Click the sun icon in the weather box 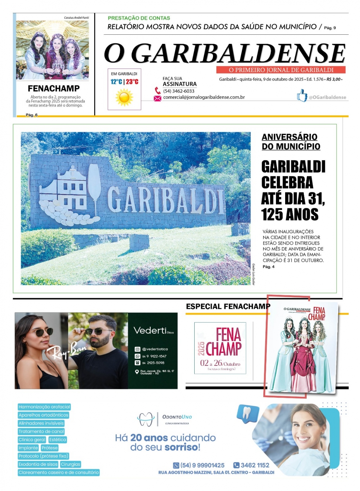click(x=124, y=98)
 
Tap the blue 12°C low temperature click(x=116, y=82)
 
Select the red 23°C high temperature click(x=132, y=82)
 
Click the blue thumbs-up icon click(x=302, y=96)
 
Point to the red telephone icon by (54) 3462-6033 click(x=158, y=91)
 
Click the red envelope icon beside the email click(x=157, y=98)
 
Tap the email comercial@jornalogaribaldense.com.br click(x=204, y=97)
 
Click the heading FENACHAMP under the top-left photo click(x=53, y=88)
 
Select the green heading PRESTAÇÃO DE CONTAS click(x=139, y=18)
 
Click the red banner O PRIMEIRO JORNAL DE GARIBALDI click(x=281, y=70)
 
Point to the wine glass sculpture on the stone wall click(x=94, y=183)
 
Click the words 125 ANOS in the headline click(x=290, y=215)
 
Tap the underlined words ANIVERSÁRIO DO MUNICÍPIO click(x=291, y=142)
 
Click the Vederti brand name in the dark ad click(x=150, y=330)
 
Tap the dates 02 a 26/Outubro click(x=220, y=363)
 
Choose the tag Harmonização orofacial click(x=44, y=407)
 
